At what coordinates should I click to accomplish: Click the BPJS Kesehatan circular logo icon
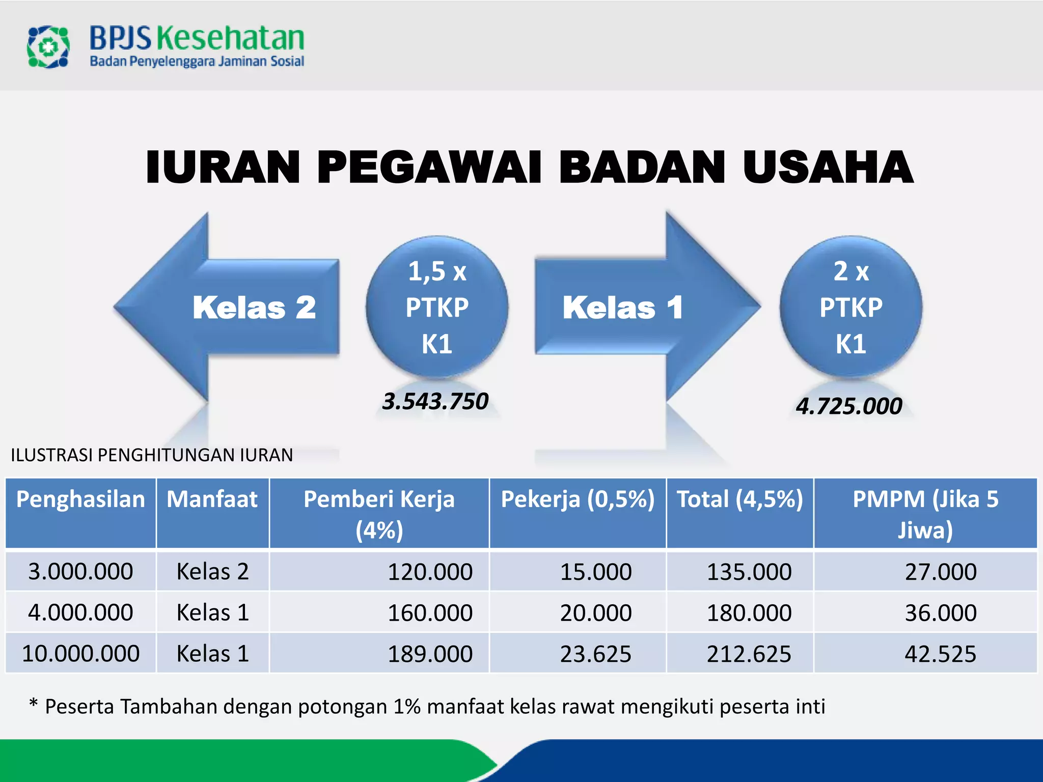48,47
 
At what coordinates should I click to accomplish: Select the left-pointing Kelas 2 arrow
227,307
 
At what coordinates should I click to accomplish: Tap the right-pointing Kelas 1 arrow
647,307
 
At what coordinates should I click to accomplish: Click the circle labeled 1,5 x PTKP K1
437,307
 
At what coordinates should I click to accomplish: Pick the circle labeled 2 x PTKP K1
850,307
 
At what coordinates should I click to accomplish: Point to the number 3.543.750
435,401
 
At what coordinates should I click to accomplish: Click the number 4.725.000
849,406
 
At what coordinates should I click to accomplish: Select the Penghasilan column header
80,499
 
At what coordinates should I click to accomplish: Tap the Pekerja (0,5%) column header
578,499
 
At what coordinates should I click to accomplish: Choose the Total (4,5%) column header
739,499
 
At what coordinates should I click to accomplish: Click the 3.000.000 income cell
80,571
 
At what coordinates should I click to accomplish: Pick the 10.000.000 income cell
80,653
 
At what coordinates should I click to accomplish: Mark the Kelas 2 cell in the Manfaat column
212,571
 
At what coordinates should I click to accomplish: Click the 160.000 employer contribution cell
430,612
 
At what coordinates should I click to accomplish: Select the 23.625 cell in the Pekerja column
595,654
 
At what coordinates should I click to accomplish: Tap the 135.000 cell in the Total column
749,572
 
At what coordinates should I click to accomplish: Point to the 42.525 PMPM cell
940,654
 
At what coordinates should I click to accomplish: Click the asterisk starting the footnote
34,704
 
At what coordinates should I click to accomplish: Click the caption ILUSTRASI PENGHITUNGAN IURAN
152,455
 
